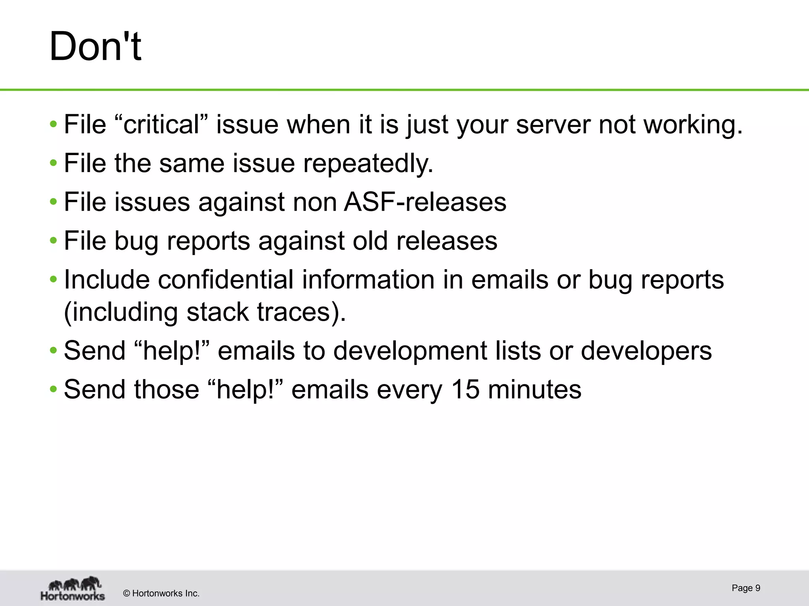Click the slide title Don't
(x=95, y=47)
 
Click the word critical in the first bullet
(x=161, y=125)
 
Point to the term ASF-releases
(x=425, y=202)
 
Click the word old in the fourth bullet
(x=370, y=241)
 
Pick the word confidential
(x=226, y=279)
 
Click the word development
(x=410, y=350)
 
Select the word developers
(x=646, y=350)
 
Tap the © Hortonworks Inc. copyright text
(x=161, y=593)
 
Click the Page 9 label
(x=746, y=588)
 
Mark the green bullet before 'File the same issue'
(x=53, y=163)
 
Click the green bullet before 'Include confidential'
(x=53, y=280)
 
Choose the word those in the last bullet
(x=167, y=389)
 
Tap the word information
(x=368, y=279)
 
